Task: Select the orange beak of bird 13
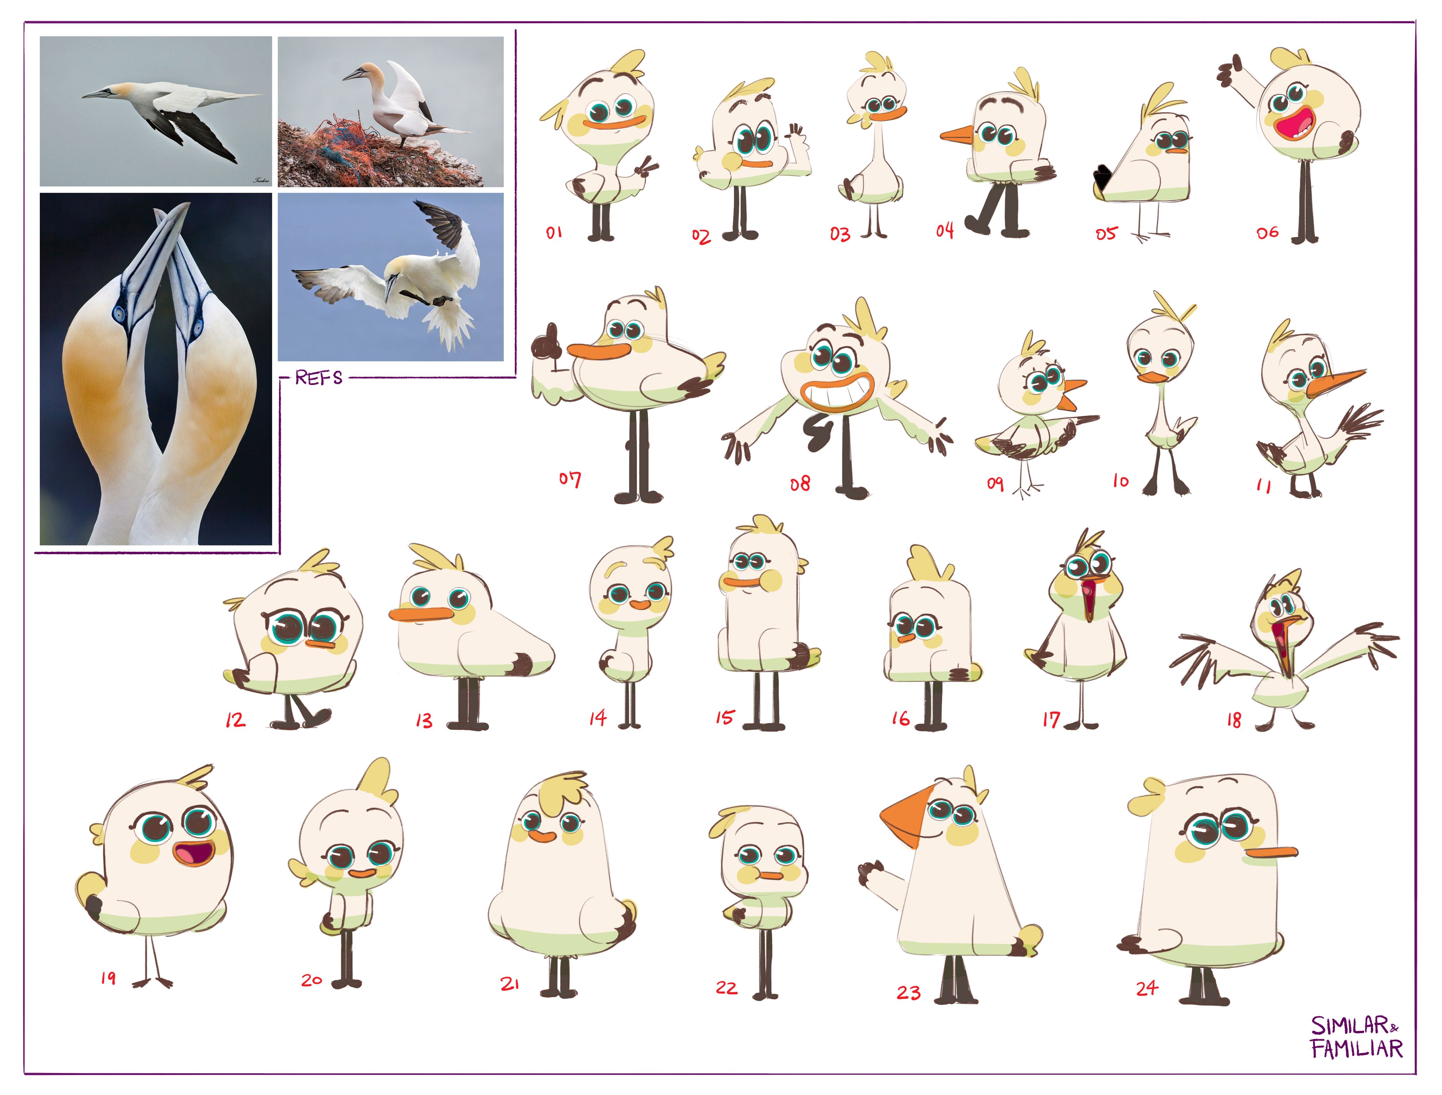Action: (421, 614)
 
